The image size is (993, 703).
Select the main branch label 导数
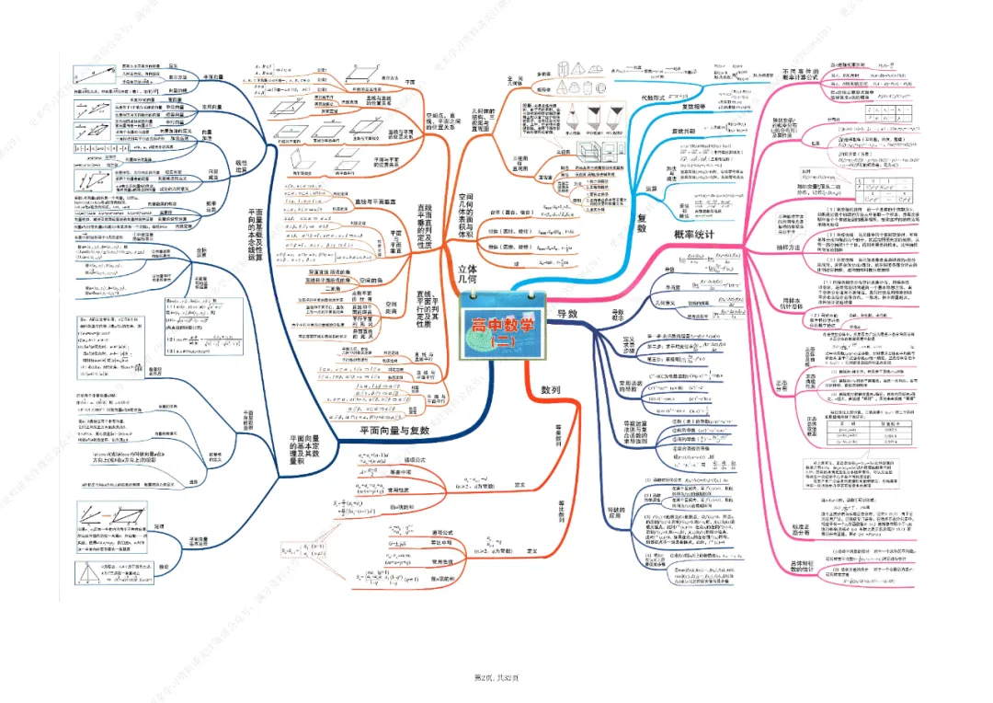click(x=567, y=315)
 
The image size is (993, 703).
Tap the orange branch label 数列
click(x=551, y=416)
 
